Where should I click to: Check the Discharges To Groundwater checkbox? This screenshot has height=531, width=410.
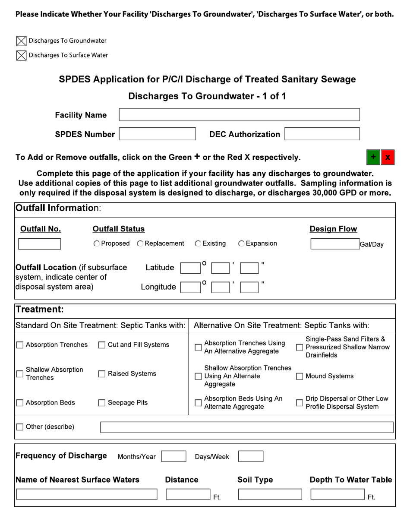pyautogui.click(x=21, y=41)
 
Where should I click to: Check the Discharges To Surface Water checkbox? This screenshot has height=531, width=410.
pyautogui.click(x=21, y=55)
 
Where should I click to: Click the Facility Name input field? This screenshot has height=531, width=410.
pyautogui.click(x=239, y=115)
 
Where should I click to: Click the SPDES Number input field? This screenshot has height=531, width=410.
pyautogui.click(x=158, y=134)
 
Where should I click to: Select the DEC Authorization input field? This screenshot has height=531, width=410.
pyautogui.click(x=322, y=134)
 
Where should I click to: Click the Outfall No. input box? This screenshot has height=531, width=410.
pyautogui.click(x=39, y=244)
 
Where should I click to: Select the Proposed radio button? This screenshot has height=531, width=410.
pyautogui.click(x=96, y=244)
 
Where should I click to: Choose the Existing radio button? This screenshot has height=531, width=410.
pyautogui.click(x=198, y=244)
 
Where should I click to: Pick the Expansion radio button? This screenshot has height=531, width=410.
pyautogui.click(x=241, y=244)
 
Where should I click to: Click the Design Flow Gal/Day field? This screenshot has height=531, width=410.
pyautogui.click(x=335, y=244)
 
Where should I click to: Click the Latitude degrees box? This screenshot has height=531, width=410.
pyautogui.click(x=190, y=268)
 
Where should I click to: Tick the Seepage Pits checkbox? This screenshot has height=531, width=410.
pyautogui.click(x=102, y=403)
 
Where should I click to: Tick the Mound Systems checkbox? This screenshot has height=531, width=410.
pyautogui.click(x=300, y=376)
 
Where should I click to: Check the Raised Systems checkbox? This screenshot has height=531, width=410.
pyautogui.click(x=102, y=374)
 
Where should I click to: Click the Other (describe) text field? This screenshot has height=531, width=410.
pyautogui.click(x=246, y=427)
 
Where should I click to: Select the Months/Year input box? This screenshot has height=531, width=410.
pyautogui.click(x=173, y=457)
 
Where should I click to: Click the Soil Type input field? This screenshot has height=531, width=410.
pyautogui.click(x=270, y=494)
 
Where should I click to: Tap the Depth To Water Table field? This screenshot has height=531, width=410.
pyautogui.click(x=338, y=494)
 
